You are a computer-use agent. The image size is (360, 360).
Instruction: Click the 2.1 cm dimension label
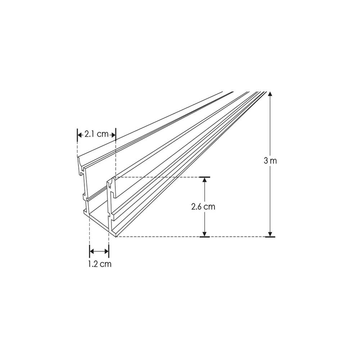pos(96,135)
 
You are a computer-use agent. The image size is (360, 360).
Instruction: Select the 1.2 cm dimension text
pos(99,264)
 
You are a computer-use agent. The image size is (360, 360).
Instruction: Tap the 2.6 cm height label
pos(203,207)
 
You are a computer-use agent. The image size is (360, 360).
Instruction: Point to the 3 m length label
pos(270,161)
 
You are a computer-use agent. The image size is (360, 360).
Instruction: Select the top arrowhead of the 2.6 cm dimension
pos(204,181)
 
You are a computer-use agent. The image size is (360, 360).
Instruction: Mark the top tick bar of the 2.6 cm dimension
pos(204,177)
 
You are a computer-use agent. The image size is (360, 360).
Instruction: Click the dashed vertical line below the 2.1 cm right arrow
pos(115,158)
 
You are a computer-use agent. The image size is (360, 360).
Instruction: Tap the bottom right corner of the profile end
pos(115,237)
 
